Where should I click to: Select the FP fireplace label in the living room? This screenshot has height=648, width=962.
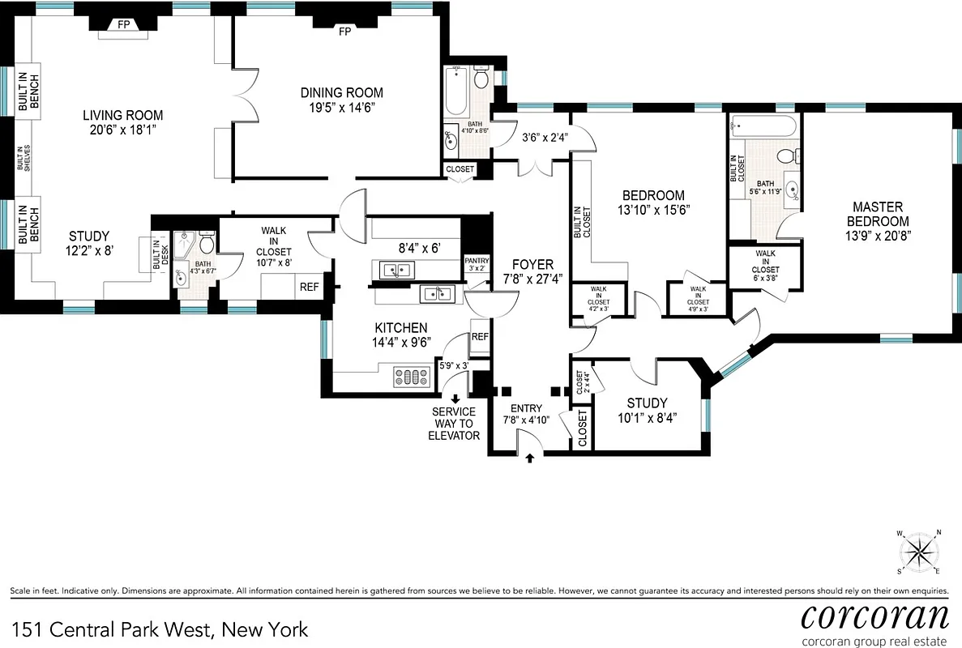[x=123, y=24]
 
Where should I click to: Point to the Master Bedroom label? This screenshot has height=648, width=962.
[x=878, y=214]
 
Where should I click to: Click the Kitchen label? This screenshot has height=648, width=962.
[x=400, y=328]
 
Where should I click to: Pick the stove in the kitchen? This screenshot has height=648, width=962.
[x=410, y=376]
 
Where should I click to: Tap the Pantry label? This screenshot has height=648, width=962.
[x=476, y=261]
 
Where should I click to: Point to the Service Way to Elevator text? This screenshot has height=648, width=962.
[x=454, y=424]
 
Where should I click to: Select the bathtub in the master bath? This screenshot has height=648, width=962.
[x=763, y=126]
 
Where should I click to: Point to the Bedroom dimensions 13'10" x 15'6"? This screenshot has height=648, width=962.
[x=652, y=210]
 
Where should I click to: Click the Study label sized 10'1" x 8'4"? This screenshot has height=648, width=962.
[x=647, y=403]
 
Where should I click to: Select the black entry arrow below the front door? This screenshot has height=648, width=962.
[x=530, y=458]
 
